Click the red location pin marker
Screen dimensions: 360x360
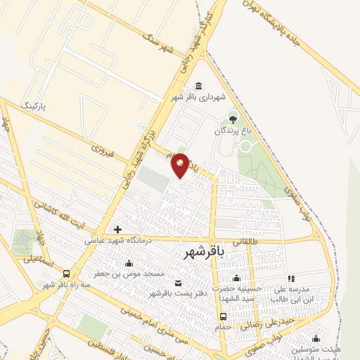(x=181, y=165)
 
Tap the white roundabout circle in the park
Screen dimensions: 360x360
(x=246, y=146)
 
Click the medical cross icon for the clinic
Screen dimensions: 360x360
(x=117, y=229)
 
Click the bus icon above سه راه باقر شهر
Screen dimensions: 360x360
(x=66, y=273)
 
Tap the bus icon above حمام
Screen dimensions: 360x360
(x=223, y=316)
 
